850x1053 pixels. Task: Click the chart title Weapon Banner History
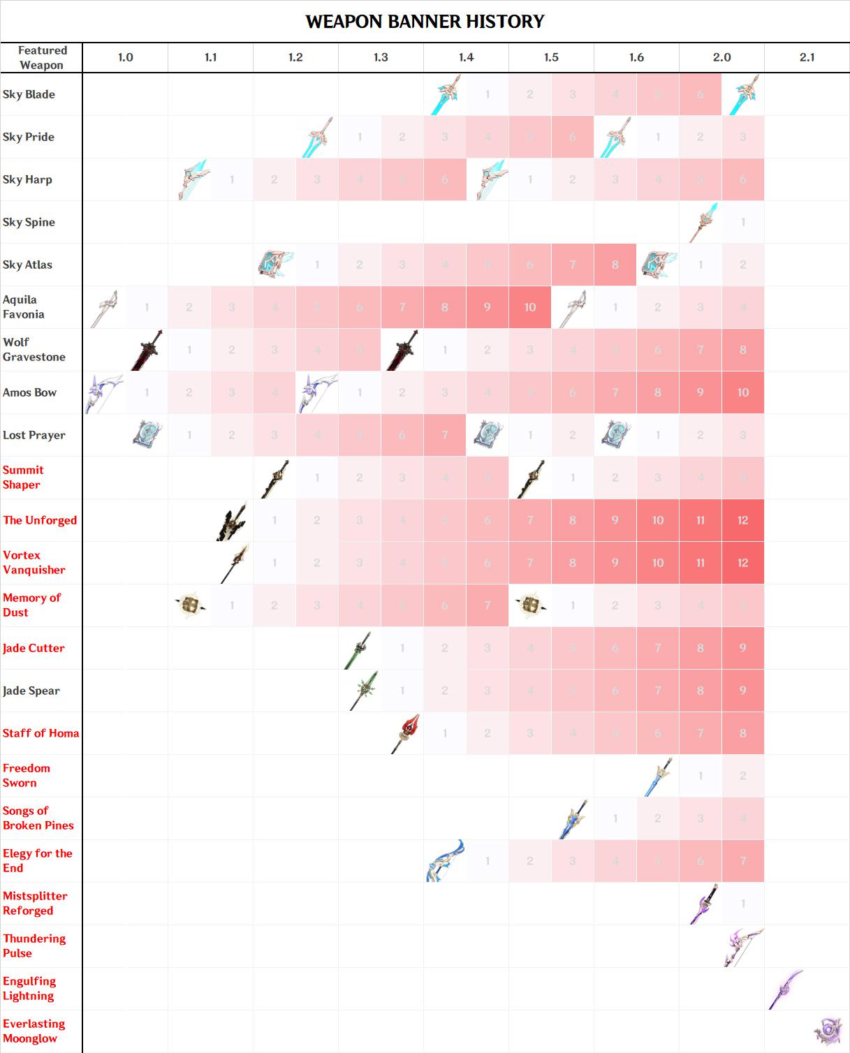pyautogui.click(x=425, y=22)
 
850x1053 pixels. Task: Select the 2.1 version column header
pyautogui.click(x=807, y=57)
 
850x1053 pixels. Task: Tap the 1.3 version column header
pyautogui.click(x=381, y=57)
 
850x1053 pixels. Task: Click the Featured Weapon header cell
pyautogui.click(x=42, y=57)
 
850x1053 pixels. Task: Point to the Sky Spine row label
pyautogui.click(x=29, y=222)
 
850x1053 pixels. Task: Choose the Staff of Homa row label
pyautogui.click(x=41, y=733)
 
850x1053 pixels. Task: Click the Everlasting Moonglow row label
pyautogui.click(x=34, y=1031)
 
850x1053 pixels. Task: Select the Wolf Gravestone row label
pyautogui.click(x=34, y=349)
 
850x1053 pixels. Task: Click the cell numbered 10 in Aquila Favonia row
pyautogui.click(x=530, y=307)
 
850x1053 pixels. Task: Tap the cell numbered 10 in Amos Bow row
pyautogui.click(x=743, y=392)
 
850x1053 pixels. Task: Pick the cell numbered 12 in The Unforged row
pyautogui.click(x=743, y=520)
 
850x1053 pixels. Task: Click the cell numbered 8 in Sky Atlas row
pyautogui.click(x=615, y=265)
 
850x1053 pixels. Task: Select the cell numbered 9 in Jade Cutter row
pyautogui.click(x=743, y=648)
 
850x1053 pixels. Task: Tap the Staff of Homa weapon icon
pyautogui.click(x=406, y=733)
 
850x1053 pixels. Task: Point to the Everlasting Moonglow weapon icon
pyautogui.click(x=829, y=1031)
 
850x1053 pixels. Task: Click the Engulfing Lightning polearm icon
pyautogui.click(x=786, y=989)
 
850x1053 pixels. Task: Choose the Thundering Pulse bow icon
pyautogui.click(x=743, y=946)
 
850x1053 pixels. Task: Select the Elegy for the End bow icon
pyautogui.click(x=445, y=861)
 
